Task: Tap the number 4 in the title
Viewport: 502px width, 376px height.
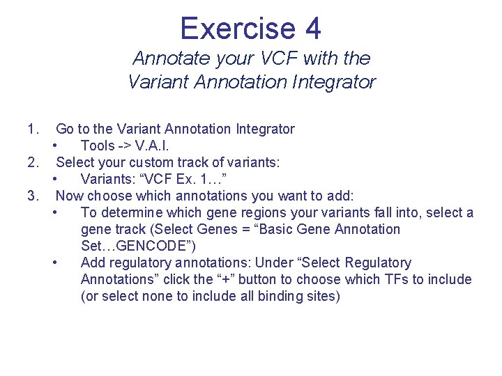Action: [x=312, y=29]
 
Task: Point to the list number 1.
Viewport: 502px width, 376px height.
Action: [x=31, y=129]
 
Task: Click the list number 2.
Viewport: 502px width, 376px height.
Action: [x=31, y=162]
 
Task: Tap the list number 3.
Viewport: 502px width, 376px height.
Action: [x=31, y=196]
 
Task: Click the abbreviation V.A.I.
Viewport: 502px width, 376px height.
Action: [x=151, y=146]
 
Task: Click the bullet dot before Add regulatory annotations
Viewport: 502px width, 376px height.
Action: [x=55, y=263]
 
